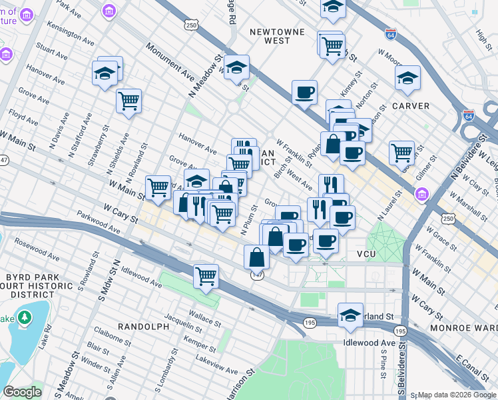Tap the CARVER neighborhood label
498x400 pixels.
[x=411, y=106]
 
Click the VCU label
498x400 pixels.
[x=366, y=255]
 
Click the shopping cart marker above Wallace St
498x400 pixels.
[x=206, y=275]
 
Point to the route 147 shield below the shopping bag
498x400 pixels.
[x=257, y=275]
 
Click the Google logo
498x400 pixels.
[x=22, y=392]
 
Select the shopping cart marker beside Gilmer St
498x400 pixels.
[x=402, y=153]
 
